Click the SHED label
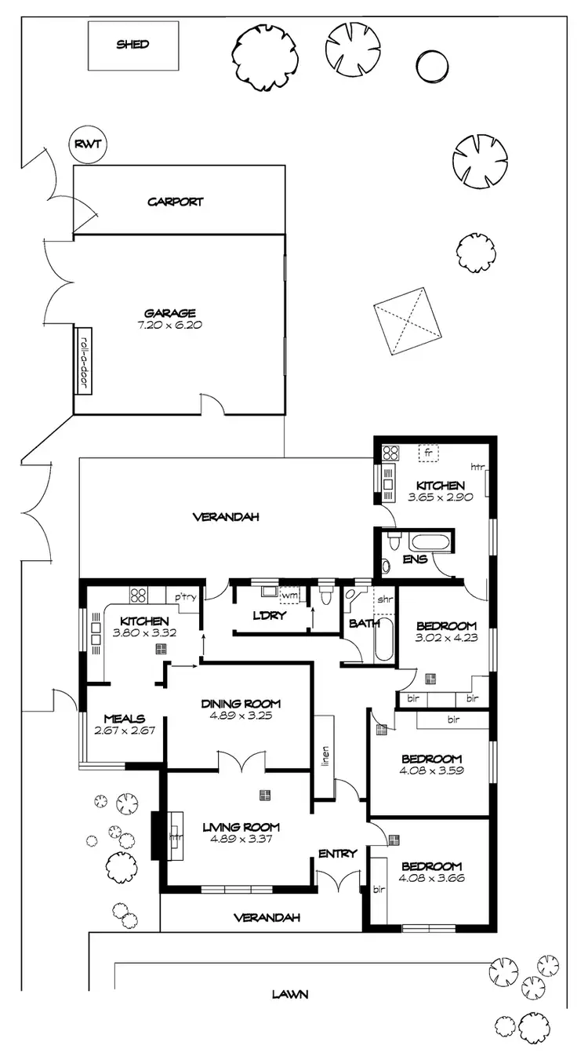point(132,45)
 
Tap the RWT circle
point(88,144)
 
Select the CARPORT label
point(176,202)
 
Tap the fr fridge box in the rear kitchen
point(428,453)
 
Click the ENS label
point(414,559)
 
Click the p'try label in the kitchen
point(185,597)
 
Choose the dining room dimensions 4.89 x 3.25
point(241,716)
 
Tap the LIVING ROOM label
point(241,826)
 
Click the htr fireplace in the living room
point(175,837)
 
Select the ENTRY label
point(338,853)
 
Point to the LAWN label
point(290,994)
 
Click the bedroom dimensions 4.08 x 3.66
point(431,878)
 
